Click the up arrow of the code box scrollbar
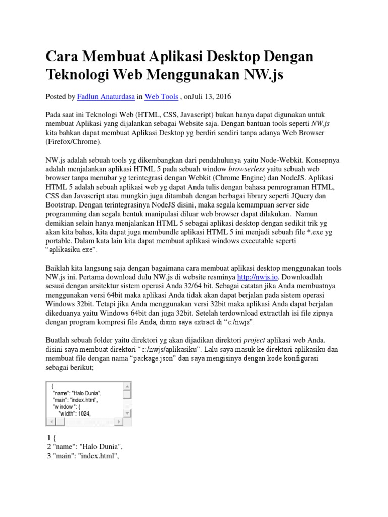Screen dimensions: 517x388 click(x=128, y=386)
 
